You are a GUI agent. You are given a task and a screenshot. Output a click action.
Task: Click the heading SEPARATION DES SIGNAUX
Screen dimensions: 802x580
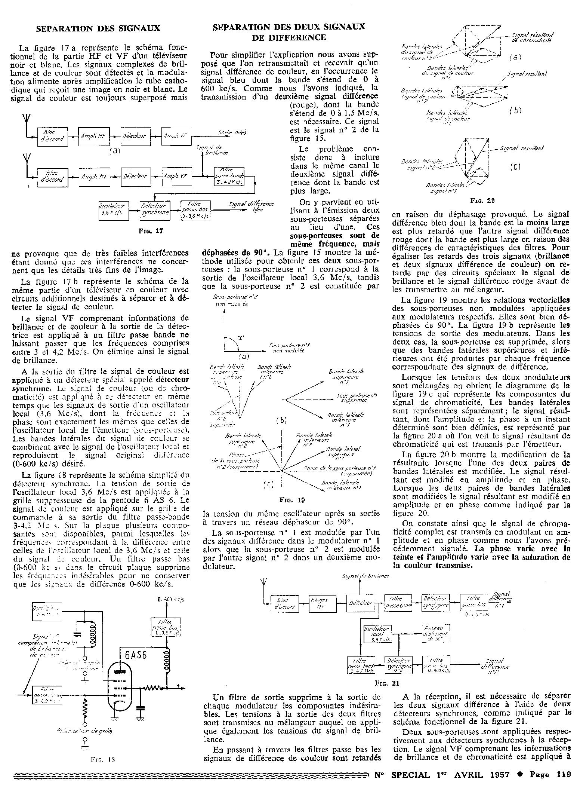98,28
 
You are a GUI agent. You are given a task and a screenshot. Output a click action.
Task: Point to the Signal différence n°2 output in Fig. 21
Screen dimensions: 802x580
496,664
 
